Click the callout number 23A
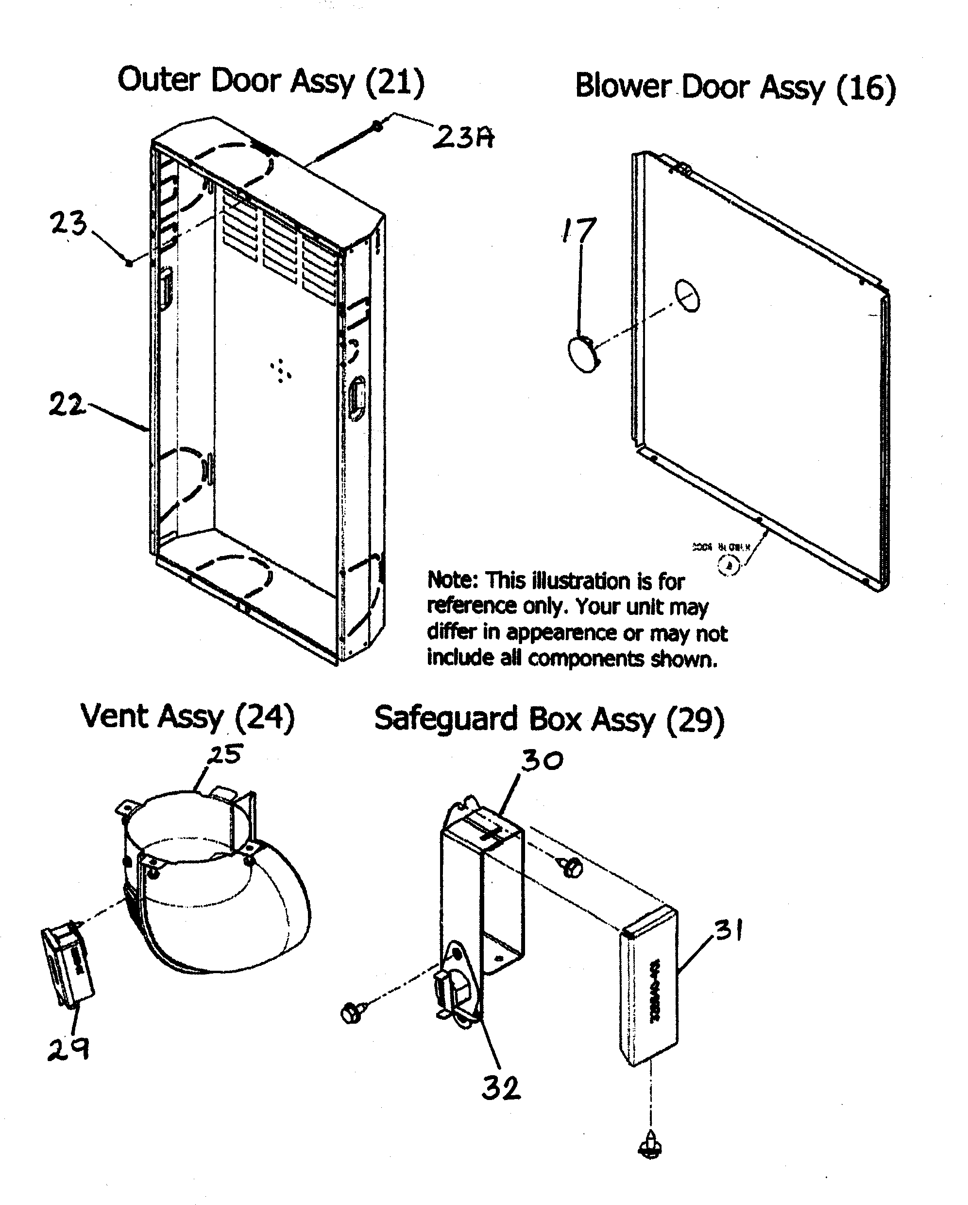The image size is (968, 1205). click(x=463, y=137)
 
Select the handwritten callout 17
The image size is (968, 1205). click(x=579, y=230)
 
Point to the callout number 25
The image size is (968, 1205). click(x=226, y=754)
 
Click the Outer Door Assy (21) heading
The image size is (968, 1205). click(x=271, y=81)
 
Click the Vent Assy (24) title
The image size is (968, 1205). click(x=187, y=716)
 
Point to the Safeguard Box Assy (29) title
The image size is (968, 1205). click(x=549, y=719)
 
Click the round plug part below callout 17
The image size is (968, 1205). click(x=582, y=353)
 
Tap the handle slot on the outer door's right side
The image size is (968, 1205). click(x=357, y=397)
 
